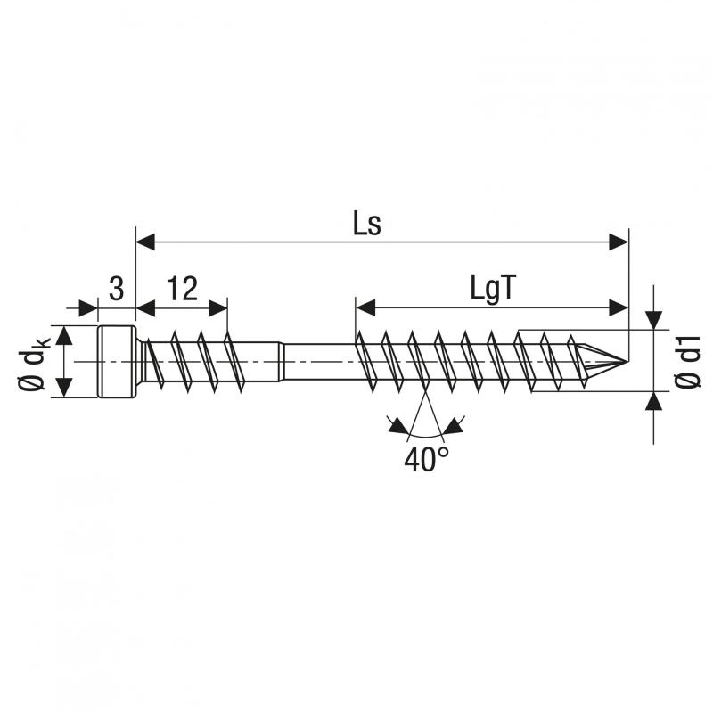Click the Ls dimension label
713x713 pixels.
(x=367, y=224)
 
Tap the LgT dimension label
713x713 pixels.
(x=494, y=289)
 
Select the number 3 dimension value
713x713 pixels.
(x=117, y=288)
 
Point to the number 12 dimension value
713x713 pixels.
(x=183, y=288)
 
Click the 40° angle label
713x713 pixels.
(x=427, y=459)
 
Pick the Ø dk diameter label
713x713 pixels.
(x=32, y=363)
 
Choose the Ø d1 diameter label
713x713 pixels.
(x=687, y=362)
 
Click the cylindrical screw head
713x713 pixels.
(x=117, y=362)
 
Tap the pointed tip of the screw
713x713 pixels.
(x=627, y=362)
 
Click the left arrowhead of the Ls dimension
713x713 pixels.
(x=145, y=242)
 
